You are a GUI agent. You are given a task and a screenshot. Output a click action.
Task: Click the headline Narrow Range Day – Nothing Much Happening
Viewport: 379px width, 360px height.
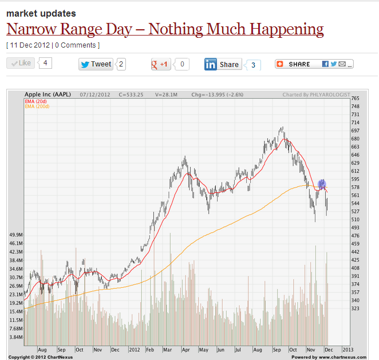[165, 29]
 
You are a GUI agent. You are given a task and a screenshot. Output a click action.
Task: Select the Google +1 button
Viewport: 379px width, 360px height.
[161, 64]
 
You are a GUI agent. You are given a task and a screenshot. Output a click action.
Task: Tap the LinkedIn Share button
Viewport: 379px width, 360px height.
[223, 65]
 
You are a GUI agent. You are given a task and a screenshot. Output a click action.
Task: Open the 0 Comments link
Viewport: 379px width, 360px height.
[77, 45]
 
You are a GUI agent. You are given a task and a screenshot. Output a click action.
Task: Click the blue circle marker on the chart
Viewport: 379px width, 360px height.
[322, 184]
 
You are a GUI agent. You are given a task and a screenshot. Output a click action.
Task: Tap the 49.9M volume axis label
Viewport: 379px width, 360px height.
[15, 235]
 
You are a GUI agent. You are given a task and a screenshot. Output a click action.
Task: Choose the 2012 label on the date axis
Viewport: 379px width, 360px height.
[134, 348]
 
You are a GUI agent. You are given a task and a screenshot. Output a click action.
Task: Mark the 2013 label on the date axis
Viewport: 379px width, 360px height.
[348, 348]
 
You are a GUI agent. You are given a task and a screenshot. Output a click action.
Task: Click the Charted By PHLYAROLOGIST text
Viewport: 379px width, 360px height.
[315, 95]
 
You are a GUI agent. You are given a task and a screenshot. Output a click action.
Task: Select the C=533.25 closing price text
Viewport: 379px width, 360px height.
[131, 95]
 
